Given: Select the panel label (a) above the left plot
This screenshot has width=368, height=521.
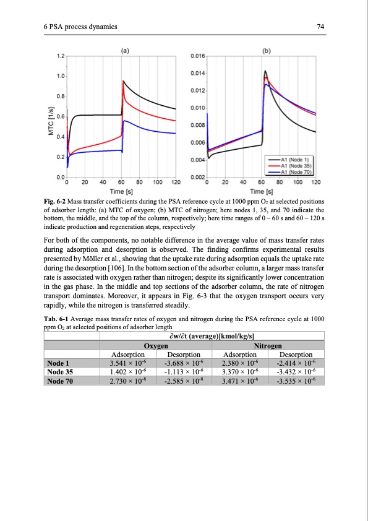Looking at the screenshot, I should (124, 51).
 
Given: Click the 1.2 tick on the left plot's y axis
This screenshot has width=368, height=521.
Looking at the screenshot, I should (60, 56).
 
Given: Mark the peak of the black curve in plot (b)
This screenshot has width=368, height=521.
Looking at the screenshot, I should (265, 71).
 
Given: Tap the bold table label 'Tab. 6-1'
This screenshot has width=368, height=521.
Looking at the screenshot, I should (57, 319).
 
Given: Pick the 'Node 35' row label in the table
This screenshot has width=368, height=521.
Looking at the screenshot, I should (61, 372).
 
